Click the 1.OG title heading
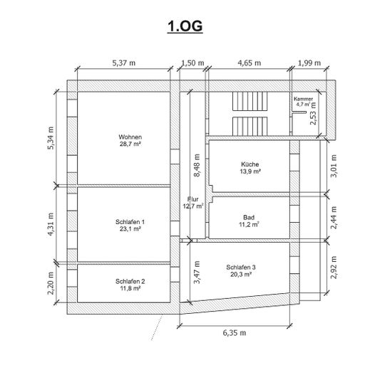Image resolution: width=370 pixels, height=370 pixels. tap(185, 26)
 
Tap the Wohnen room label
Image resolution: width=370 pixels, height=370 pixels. tap(130, 137)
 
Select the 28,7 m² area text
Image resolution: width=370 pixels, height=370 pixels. tap(130, 144)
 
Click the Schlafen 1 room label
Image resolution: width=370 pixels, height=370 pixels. tap(130, 222)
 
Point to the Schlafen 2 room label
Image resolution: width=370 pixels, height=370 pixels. tap(130, 282)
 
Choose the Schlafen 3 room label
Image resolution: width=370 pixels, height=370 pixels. tap(241, 268)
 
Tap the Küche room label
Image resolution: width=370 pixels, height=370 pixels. tap(250, 164)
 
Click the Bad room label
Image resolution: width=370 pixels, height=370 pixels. tap(249, 218)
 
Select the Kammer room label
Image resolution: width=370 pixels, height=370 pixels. tap(303, 99)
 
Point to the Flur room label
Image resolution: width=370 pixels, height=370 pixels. tap(192, 199)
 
